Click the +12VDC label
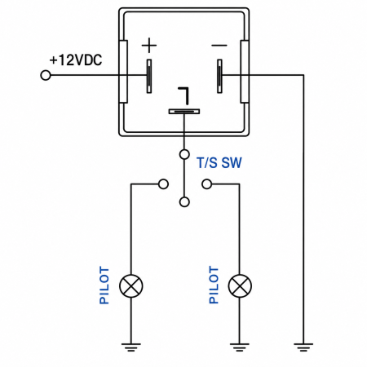76,60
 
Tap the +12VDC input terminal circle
46,75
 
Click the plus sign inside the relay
149,45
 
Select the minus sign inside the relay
219,45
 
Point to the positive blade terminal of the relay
149,76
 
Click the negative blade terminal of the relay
219,76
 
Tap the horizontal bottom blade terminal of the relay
184,112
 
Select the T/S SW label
219,162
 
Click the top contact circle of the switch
184,154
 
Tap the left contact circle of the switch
163,184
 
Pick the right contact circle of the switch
207,184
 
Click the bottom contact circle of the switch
184,202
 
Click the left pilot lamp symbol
131,286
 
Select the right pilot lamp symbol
240,286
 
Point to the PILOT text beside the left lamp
104,285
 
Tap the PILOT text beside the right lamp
214,285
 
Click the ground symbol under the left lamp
131,347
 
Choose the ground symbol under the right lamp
240,347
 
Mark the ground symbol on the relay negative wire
303,347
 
